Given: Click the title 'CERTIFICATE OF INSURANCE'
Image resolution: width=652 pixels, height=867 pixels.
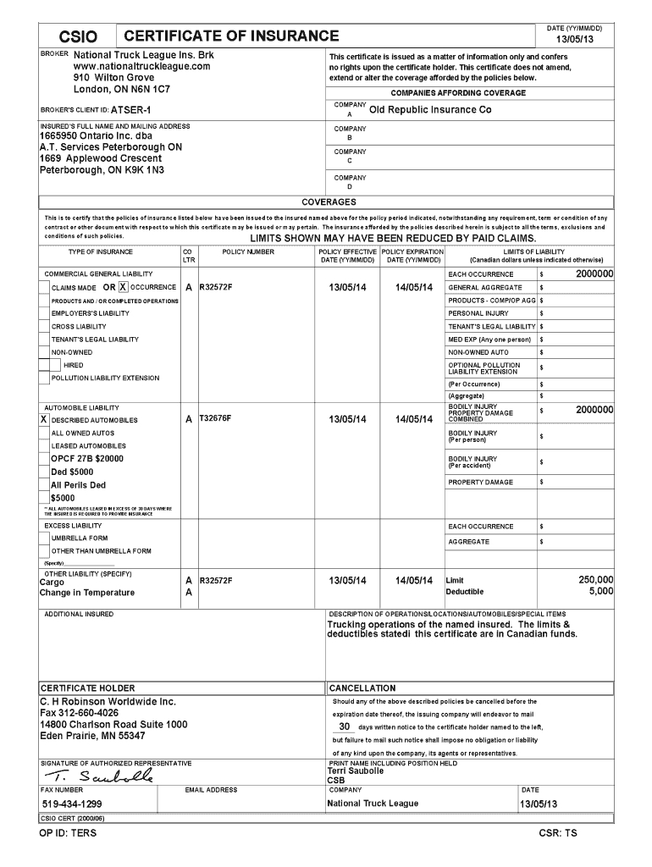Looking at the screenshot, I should tap(231, 36).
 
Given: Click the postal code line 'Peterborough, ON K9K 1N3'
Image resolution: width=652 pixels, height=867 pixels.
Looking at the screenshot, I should tap(102, 170).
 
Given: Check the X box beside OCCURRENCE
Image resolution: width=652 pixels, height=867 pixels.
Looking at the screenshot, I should tap(124, 287).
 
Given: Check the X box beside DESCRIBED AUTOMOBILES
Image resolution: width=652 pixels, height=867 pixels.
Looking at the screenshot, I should tap(44, 419).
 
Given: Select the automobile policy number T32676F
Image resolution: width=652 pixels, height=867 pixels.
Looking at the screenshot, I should tap(215, 418).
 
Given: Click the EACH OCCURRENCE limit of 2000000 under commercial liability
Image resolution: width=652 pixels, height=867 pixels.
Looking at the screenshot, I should tap(594, 274).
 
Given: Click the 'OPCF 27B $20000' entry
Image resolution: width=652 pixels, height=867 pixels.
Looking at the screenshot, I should tap(87, 458).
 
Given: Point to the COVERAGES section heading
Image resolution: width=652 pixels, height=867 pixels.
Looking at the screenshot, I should tap(329, 202).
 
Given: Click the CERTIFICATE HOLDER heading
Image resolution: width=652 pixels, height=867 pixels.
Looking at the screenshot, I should tap(88, 688).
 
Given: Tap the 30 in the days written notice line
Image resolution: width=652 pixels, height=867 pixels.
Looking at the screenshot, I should tap(344, 726).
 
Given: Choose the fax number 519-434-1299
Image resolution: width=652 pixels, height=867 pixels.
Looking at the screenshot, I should tap(73, 803).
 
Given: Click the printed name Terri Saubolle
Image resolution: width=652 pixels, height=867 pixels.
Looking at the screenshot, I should tap(356, 771).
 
